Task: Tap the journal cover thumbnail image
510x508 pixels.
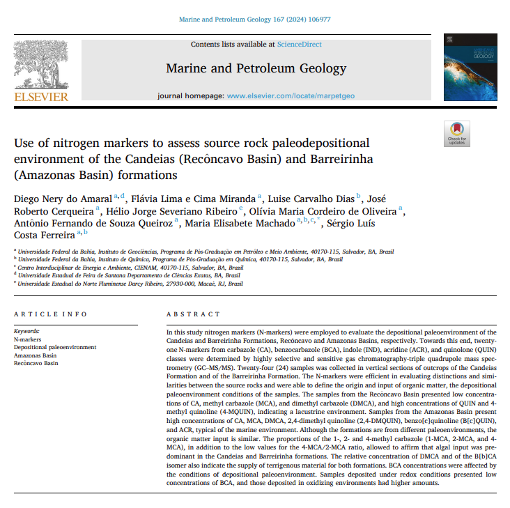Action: pyautogui.click(x=466, y=68)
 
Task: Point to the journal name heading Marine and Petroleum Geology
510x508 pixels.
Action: pyautogui.click(x=256, y=68)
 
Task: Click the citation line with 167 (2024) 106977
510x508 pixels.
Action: pyautogui.click(x=255, y=20)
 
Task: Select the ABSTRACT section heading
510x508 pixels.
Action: pyautogui.click(x=193, y=314)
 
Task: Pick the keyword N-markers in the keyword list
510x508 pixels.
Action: pyautogui.click(x=27, y=339)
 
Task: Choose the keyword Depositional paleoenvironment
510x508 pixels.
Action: pyautogui.click(x=55, y=347)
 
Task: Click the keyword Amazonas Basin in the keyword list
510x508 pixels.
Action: pyautogui.click(x=36, y=355)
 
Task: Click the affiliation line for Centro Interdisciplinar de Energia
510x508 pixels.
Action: pyautogui.click(x=130, y=267)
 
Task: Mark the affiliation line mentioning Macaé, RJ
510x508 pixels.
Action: pyautogui.click(x=130, y=284)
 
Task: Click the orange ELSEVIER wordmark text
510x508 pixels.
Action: pyautogui.click(x=41, y=97)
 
